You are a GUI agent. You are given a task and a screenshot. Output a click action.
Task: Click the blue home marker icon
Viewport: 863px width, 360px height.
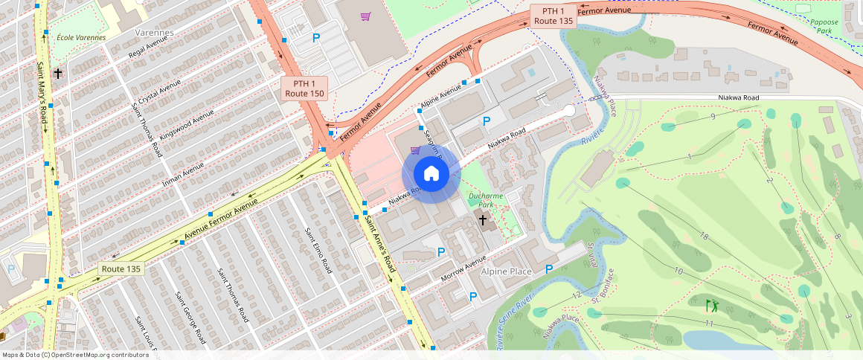click(x=431, y=174)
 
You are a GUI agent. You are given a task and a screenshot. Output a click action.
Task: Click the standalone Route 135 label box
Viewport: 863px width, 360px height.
click(x=121, y=269)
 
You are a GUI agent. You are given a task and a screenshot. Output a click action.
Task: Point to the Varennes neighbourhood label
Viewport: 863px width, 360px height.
click(x=154, y=33)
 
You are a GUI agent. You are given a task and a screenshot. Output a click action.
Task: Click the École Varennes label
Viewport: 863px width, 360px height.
click(x=80, y=37)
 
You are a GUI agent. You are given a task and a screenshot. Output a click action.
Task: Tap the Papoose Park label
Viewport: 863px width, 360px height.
click(x=824, y=28)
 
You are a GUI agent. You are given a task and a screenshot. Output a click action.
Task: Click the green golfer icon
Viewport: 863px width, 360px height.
click(x=712, y=305)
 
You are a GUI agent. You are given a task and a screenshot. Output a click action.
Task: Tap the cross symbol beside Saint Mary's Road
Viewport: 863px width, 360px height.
click(x=57, y=74)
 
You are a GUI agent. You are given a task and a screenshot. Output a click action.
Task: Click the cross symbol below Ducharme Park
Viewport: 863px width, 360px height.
click(x=482, y=220)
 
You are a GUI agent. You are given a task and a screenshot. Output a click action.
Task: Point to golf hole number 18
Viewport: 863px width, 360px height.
click(x=703, y=237)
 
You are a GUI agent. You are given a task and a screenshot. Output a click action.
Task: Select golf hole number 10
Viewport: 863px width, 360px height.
click(x=678, y=270)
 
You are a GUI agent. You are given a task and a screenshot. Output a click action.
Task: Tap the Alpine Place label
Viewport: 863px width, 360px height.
click(x=506, y=271)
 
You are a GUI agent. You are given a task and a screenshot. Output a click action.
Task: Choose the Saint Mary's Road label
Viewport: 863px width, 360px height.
click(x=42, y=94)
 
